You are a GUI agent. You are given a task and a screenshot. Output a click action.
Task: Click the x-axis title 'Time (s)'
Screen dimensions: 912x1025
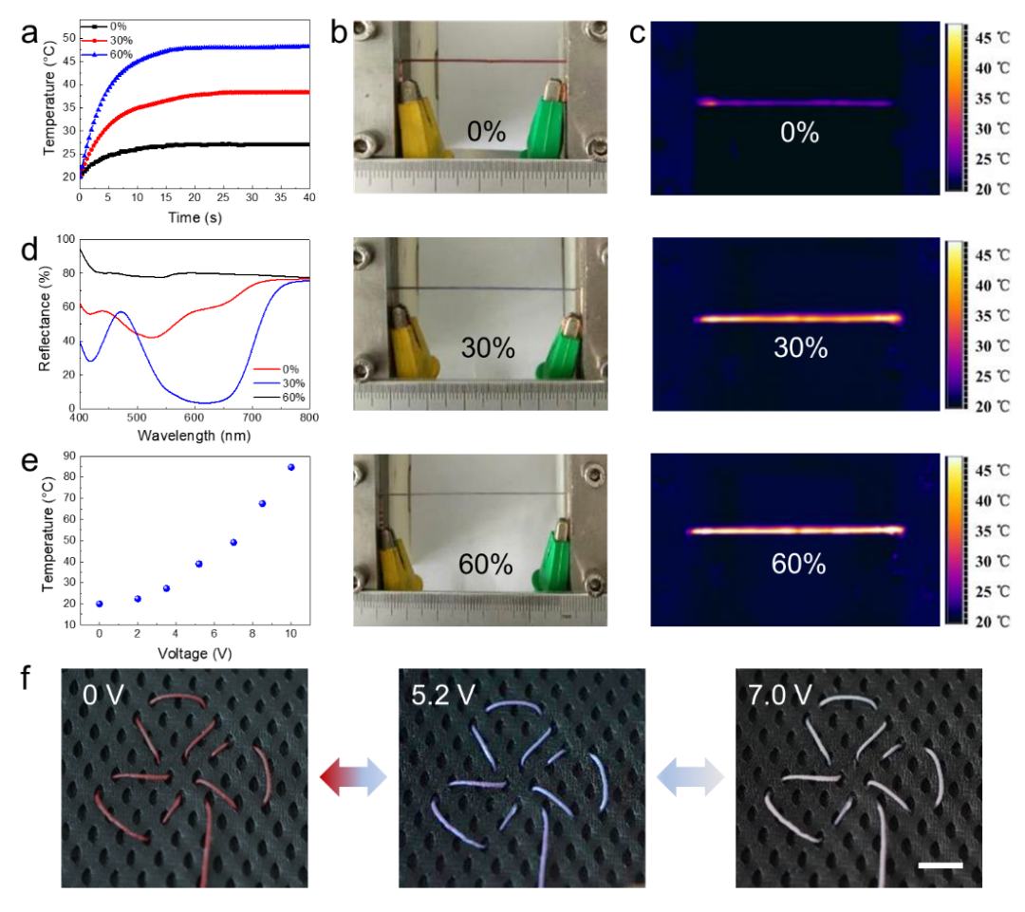pos(193,217)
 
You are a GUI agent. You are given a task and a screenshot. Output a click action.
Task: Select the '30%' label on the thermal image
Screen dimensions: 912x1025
pos(800,348)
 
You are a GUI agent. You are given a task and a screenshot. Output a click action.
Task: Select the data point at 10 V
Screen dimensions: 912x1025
pos(290,467)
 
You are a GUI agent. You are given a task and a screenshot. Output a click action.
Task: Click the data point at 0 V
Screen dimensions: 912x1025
pos(100,604)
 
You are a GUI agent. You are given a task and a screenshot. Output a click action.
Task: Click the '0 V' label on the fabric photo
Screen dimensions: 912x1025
pos(103,695)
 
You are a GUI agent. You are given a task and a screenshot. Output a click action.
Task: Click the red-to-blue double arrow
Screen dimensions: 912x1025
pos(354,776)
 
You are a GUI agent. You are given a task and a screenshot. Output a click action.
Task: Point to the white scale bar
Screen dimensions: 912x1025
pos(940,865)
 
